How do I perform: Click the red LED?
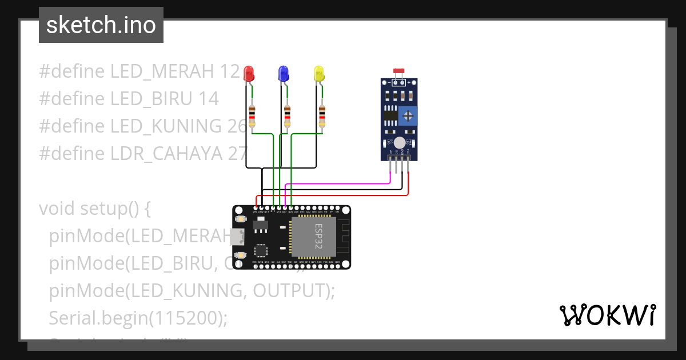point(249,73)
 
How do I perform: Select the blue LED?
point(283,73)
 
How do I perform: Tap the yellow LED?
point(318,73)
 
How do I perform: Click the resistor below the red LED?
point(252,116)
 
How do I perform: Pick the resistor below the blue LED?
point(287,116)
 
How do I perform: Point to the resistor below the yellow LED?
point(322,116)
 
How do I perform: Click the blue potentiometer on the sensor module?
point(408,116)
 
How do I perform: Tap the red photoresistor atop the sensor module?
point(399,71)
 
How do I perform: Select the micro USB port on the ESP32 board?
point(236,237)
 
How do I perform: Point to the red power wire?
point(343,195)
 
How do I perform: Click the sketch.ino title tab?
point(101,25)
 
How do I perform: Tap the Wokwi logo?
point(607,315)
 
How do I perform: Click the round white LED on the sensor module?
point(400,142)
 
